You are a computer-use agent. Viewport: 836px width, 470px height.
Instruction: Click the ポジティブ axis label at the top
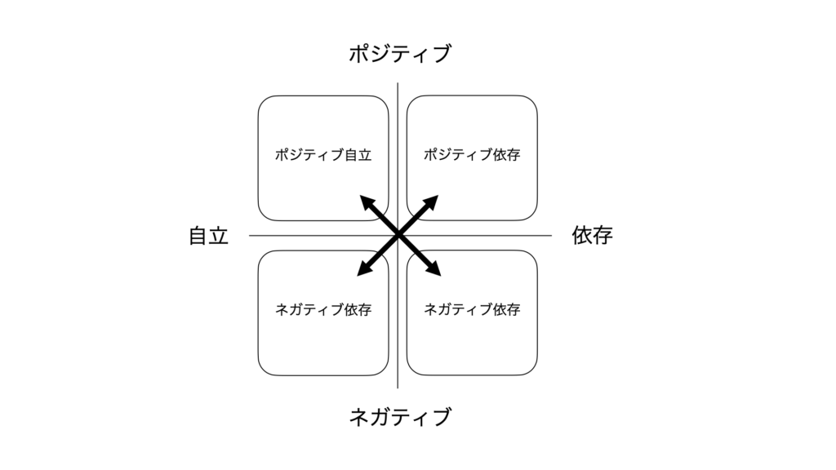point(400,54)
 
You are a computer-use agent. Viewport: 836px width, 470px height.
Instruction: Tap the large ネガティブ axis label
point(400,417)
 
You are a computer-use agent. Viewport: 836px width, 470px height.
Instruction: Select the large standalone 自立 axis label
point(208,236)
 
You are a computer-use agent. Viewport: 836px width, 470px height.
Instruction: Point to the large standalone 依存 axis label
point(593,235)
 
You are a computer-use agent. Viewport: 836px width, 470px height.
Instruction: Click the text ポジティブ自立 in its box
point(323,155)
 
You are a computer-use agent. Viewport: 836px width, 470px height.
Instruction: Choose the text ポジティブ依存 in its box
point(472,154)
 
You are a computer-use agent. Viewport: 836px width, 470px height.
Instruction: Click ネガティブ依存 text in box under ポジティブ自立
point(323,309)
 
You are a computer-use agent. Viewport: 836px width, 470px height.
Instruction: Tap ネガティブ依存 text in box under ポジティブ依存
point(472,309)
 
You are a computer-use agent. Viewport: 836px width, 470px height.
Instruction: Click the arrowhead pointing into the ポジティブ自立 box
point(367,202)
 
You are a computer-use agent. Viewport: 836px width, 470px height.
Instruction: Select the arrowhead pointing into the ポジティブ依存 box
point(431,202)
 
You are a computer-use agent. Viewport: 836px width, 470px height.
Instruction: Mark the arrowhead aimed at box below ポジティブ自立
point(365,268)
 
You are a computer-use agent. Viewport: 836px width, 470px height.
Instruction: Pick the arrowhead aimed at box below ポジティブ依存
point(434,268)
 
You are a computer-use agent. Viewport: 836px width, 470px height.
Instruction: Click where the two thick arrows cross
point(398,235)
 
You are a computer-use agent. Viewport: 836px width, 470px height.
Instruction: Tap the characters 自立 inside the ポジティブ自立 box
point(358,155)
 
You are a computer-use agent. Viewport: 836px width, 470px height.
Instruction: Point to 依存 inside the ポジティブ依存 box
point(506,154)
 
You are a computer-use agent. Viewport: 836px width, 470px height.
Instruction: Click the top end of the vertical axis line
point(398,83)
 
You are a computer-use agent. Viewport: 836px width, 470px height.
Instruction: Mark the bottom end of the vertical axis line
point(398,388)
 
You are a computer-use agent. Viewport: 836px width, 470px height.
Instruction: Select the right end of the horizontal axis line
point(551,235)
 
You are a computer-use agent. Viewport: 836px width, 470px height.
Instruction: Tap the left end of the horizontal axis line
point(250,235)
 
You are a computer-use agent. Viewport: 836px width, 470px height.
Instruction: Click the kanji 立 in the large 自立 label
point(219,236)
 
